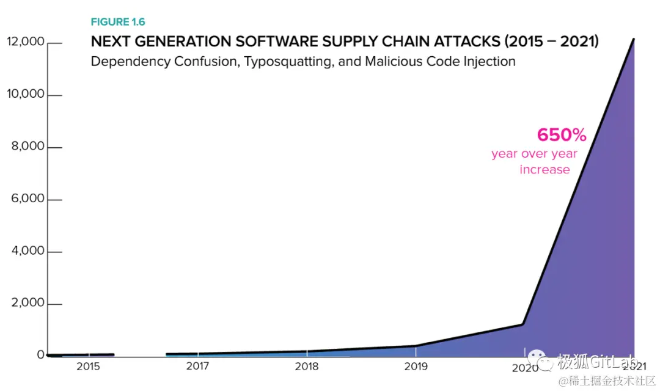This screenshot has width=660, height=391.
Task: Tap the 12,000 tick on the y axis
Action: [25, 42]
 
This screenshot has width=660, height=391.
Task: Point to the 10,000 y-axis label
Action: [25, 94]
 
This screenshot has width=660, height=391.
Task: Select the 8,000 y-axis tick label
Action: [28, 147]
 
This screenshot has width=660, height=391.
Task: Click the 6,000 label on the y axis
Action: [28, 199]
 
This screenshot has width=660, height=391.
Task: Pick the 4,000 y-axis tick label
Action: [28, 251]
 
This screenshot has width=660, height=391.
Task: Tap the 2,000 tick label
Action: [28, 303]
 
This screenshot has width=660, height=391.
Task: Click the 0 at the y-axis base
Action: [40, 355]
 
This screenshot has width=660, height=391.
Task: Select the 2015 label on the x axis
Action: [88, 367]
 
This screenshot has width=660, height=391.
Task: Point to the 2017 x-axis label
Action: [197, 367]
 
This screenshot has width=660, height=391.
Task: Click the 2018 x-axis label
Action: [307, 367]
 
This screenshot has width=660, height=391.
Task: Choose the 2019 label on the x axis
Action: [416, 367]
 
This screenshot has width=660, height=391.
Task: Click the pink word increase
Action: [544, 170]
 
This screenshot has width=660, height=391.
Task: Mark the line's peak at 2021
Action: [634, 39]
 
